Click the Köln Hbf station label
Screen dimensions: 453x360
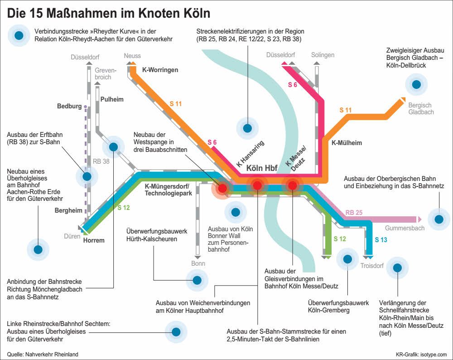pos(262,168)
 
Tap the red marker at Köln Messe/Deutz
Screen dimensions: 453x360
pos(292,185)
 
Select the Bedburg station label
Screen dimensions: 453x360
pos(69,106)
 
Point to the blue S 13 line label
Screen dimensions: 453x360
pos(381,240)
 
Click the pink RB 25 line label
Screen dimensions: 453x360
pos(354,213)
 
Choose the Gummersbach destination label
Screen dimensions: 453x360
pos(405,228)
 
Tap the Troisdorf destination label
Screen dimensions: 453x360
pos(372,265)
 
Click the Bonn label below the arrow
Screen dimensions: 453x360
pos(198,263)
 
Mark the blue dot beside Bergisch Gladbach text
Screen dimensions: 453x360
pos(416,84)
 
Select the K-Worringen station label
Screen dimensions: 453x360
pos(160,70)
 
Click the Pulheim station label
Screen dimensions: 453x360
pos(112,99)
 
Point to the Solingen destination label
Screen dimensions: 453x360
pos(323,55)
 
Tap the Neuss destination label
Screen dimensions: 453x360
pos(132,56)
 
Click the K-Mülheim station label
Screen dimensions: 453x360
pos(347,142)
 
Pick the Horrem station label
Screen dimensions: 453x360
pos(94,240)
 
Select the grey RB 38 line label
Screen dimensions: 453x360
pos(101,161)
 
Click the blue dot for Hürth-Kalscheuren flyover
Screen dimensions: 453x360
pos(197,280)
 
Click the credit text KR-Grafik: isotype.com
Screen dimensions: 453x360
pos(421,355)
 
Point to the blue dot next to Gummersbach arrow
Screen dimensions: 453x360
pos(439,219)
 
